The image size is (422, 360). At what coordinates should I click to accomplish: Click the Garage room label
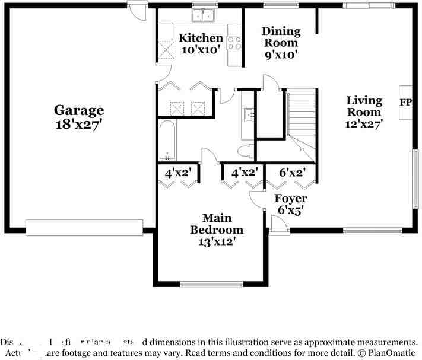79,110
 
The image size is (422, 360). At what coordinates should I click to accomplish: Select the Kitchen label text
201,38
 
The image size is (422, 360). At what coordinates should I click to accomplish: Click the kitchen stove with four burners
235,43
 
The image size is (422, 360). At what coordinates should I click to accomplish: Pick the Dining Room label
281,36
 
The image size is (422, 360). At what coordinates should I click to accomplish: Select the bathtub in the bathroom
167,141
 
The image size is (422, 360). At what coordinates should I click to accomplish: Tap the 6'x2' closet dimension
293,173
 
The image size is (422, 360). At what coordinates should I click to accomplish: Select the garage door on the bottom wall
84,228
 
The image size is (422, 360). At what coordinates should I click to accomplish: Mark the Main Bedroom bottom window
211,285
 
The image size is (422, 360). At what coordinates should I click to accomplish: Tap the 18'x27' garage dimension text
79,125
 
